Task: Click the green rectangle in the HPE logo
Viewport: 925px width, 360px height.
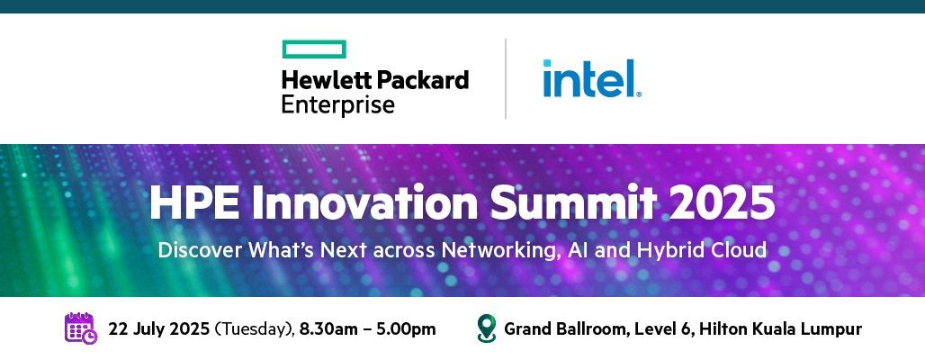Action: pos(314,49)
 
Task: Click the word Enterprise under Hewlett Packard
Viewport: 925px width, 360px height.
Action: pos(338,104)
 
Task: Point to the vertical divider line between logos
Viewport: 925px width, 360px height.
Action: pos(506,78)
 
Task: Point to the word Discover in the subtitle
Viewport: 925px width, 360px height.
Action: pos(200,249)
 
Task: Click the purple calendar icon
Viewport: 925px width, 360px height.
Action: pos(81,328)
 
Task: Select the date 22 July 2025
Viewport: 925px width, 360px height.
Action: pos(158,328)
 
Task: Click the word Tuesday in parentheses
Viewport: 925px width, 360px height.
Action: pos(254,329)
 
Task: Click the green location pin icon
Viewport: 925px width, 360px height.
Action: pos(486,328)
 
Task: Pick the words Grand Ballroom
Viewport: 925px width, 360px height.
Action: pos(565,328)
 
